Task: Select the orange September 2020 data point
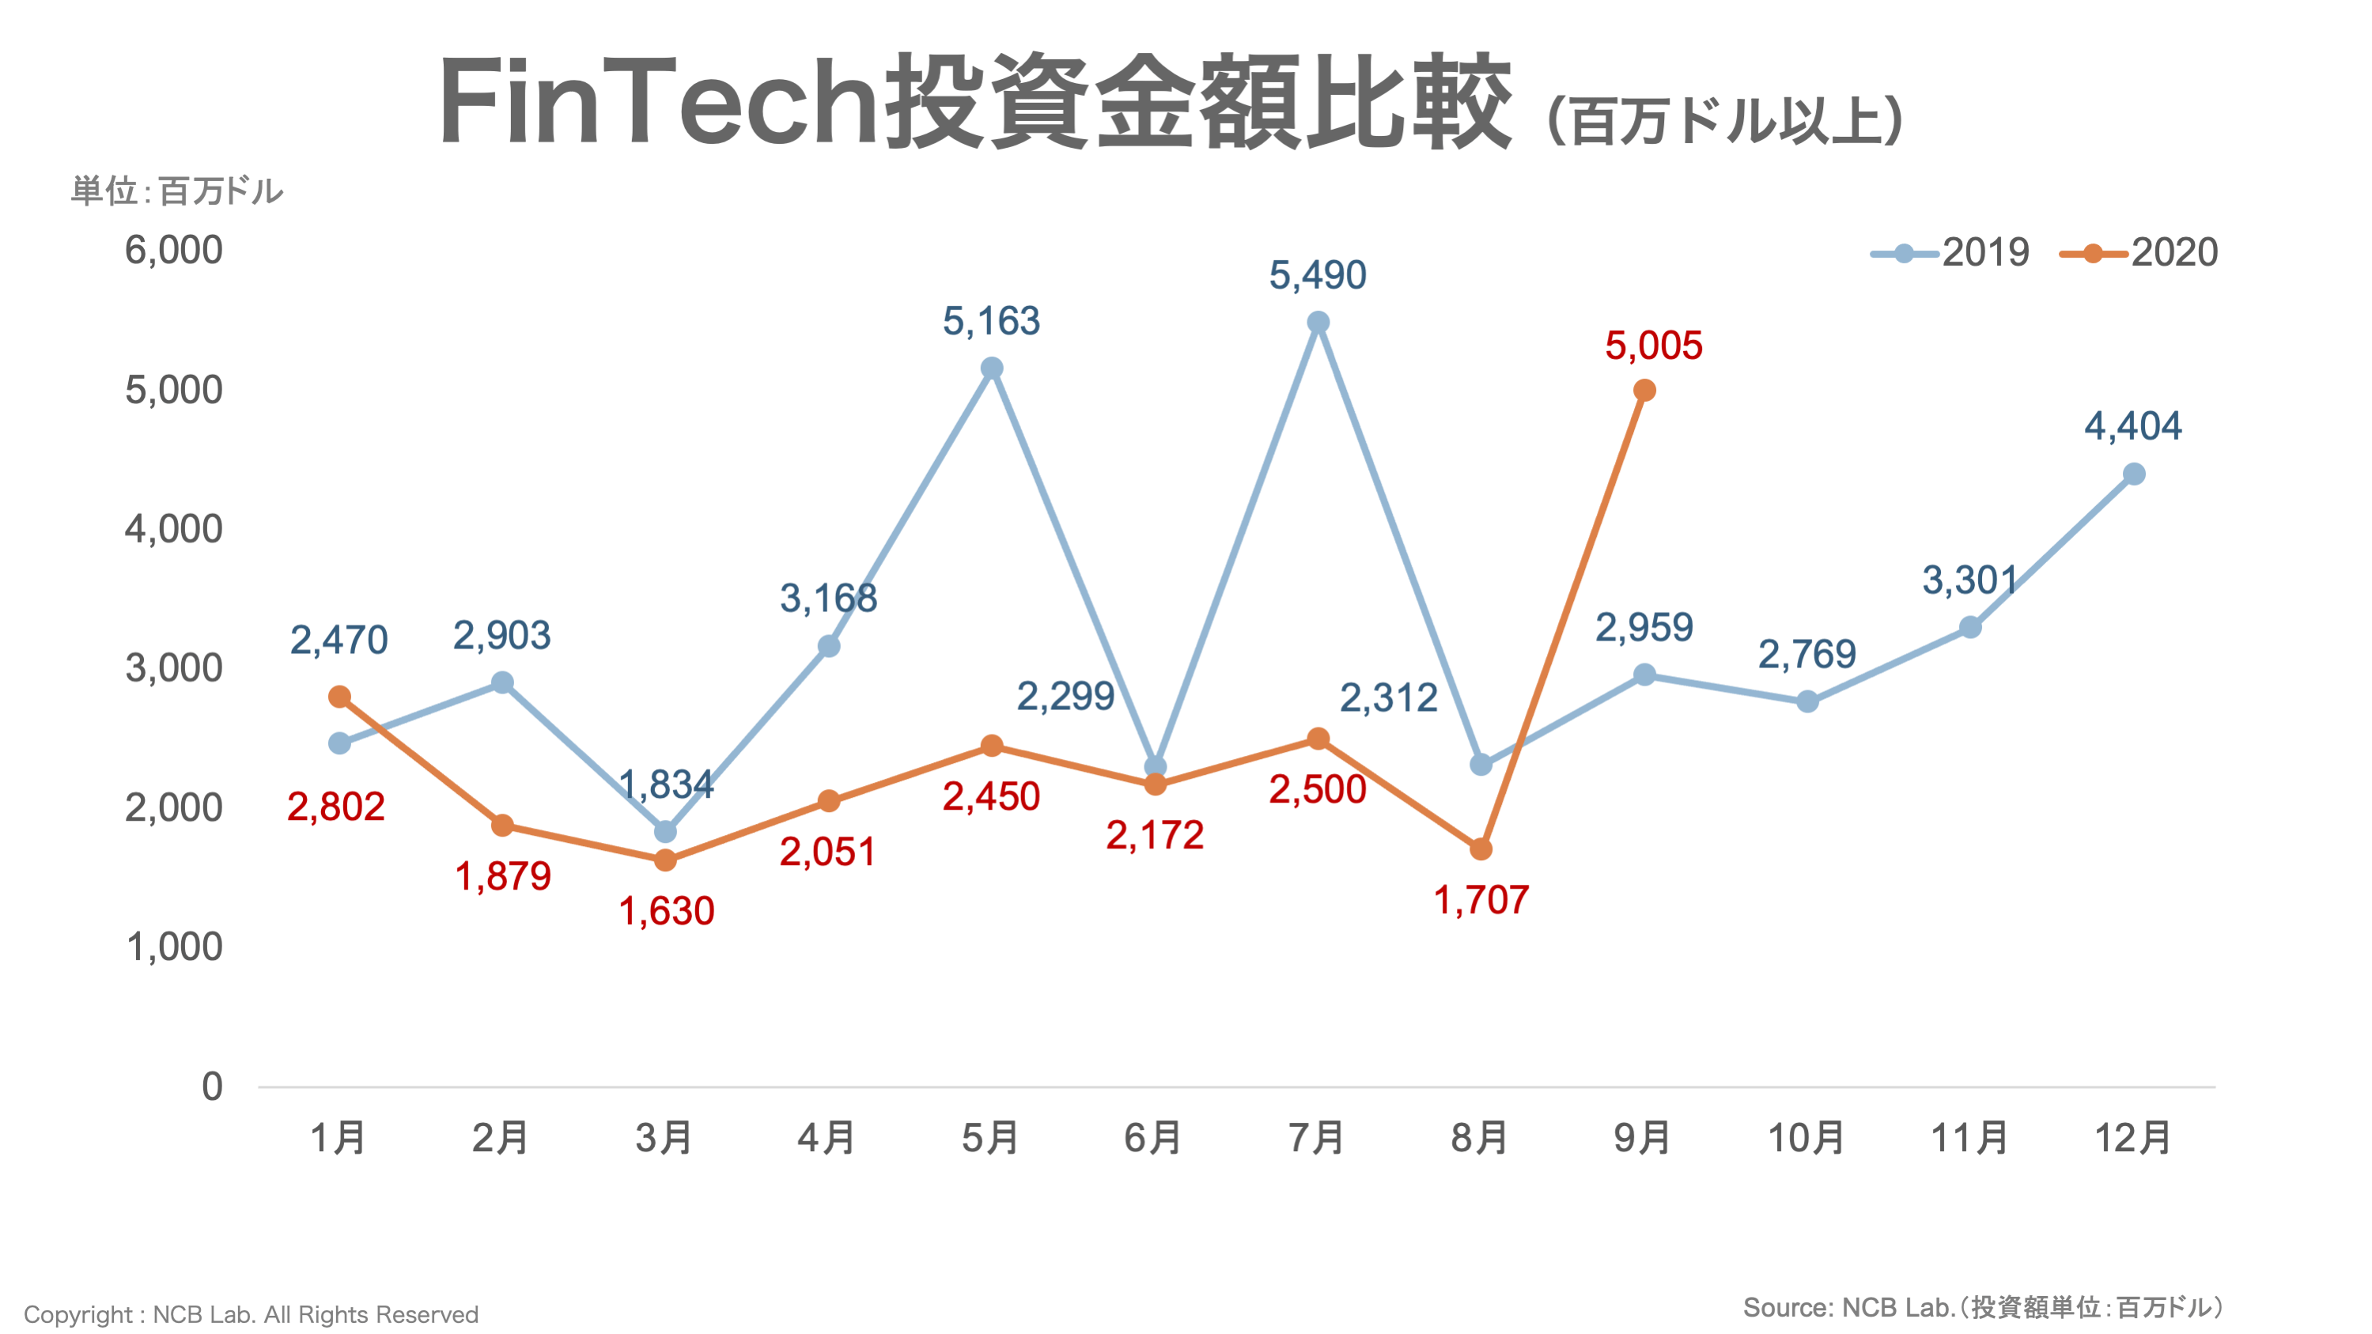1644,391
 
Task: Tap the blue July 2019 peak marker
1318,322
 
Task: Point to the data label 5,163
991,321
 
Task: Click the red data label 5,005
1654,346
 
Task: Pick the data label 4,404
2132,426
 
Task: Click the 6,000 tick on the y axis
173,251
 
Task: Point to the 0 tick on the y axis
212,1086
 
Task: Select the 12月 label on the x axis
2132,1138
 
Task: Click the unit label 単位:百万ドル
177,191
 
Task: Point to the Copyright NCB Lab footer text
251,1313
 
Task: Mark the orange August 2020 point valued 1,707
1481,848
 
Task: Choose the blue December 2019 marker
2133,474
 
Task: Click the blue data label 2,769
1806,655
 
